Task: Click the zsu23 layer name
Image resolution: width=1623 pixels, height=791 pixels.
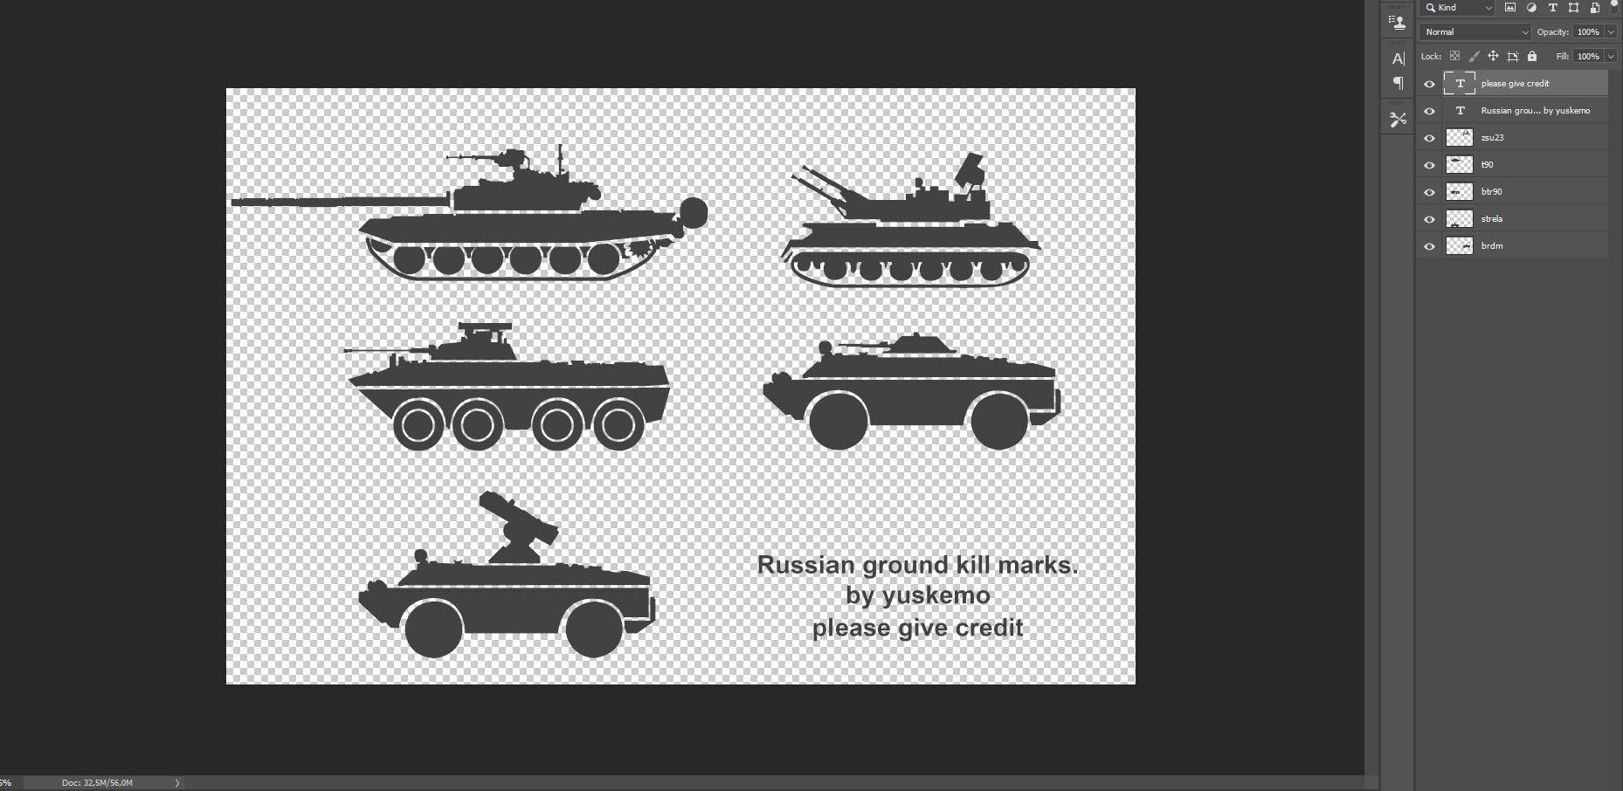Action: tap(1492, 138)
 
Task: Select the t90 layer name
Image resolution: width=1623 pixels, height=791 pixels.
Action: tap(1487, 165)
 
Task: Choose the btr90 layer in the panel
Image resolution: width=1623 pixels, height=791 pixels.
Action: tap(1491, 192)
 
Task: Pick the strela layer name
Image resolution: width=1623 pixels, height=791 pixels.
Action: tap(1491, 219)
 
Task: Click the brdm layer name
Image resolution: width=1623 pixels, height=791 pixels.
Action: tap(1491, 246)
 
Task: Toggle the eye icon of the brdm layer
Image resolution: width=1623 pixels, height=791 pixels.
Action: tap(1429, 246)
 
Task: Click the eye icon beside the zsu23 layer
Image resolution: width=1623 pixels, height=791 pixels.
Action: tap(1429, 138)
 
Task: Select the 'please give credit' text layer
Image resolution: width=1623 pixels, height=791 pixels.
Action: tap(1515, 84)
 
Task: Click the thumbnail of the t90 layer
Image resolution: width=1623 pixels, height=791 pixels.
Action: tap(1459, 165)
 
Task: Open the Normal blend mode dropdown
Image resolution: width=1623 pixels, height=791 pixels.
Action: tap(1475, 32)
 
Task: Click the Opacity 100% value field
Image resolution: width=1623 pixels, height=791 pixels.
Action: tap(1588, 32)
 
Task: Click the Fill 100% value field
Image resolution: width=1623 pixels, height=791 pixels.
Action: tap(1588, 57)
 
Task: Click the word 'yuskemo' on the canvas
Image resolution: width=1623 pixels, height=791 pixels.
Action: tap(936, 596)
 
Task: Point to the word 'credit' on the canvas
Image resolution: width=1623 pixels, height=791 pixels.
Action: tap(988, 628)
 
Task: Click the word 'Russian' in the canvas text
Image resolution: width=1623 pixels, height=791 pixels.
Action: tap(805, 565)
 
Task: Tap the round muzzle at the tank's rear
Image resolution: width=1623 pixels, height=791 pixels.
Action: tap(694, 212)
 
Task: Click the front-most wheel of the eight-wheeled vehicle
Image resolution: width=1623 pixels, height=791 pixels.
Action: tap(418, 426)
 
